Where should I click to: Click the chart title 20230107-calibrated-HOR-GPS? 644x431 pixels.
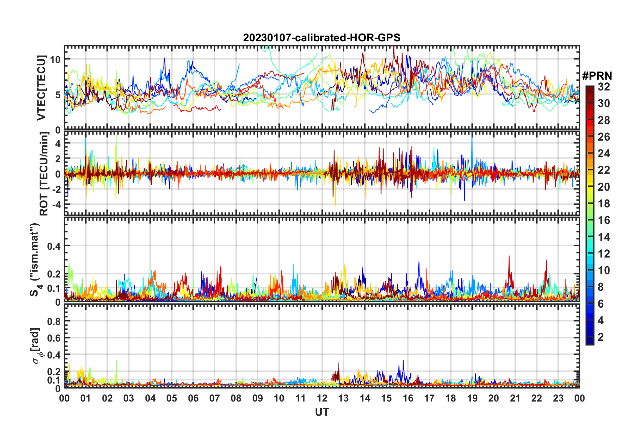(322, 38)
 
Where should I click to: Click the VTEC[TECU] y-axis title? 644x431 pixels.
(41, 88)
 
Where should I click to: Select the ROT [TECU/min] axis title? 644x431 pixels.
(44, 174)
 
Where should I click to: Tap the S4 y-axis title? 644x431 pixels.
(35, 260)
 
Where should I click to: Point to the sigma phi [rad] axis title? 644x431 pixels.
(37, 346)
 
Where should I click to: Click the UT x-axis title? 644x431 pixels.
(322, 412)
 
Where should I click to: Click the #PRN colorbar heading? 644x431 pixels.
(597, 76)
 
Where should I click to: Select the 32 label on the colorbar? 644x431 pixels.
(604, 87)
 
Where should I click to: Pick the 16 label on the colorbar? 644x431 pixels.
(604, 220)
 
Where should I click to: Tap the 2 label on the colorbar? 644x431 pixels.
(601, 337)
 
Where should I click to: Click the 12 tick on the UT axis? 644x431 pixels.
(322, 398)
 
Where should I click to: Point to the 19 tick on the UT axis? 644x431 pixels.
(472, 398)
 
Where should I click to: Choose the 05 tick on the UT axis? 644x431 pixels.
(172, 398)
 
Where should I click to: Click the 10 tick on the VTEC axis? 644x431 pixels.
(55, 60)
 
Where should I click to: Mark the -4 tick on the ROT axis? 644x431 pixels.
(55, 205)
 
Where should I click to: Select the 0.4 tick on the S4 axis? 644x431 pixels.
(54, 246)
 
